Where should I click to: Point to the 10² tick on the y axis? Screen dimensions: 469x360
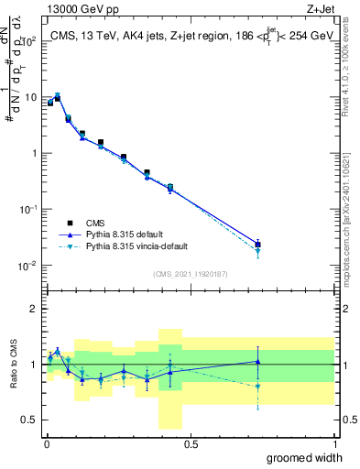(x=31, y=41)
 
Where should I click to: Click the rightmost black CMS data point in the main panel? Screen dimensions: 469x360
(x=257, y=245)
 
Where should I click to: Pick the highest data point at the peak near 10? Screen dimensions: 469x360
(x=57, y=95)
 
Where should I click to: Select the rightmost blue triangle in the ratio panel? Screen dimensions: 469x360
(x=257, y=362)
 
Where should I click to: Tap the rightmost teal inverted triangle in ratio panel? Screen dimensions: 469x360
(x=257, y=387)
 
